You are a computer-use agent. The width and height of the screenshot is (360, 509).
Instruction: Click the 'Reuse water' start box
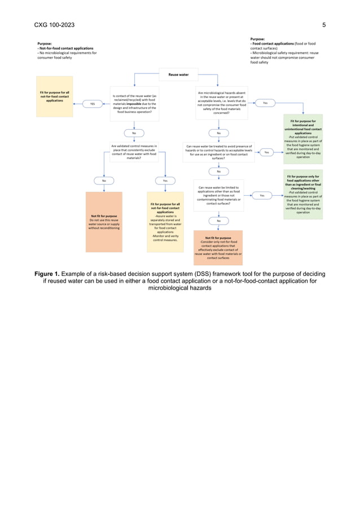178,74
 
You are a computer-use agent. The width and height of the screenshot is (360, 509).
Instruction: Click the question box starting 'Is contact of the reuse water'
134,104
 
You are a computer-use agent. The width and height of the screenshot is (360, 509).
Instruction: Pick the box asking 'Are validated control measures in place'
134,152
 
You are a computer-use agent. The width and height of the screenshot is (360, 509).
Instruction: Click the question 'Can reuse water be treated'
219,152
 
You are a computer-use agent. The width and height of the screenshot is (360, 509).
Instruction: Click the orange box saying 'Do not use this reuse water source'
104,222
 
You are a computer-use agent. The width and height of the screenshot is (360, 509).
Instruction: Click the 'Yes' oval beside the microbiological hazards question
265,103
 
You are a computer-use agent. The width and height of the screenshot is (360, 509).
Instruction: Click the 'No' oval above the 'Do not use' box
104,181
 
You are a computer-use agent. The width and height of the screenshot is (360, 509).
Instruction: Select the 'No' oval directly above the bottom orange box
219,221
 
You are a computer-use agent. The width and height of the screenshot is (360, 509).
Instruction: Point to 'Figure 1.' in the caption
51,274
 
